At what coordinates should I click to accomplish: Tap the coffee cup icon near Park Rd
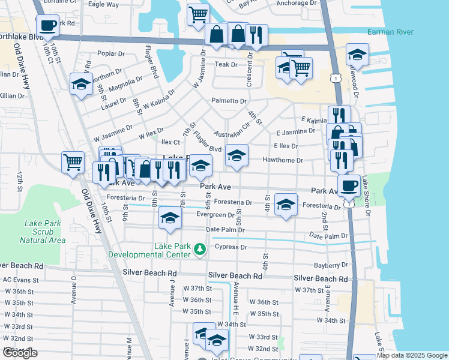coord(47,26)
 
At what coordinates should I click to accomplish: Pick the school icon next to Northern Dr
coord(80,84)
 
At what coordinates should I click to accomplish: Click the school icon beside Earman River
coord(357,55)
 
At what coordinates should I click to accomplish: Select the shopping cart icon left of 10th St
coord(73,161)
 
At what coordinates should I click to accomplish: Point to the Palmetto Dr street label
coord(228,101)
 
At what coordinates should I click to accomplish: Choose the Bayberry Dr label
coord(331,265)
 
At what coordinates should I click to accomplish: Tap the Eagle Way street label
coord(103,4)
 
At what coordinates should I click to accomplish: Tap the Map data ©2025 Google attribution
coord(411,355)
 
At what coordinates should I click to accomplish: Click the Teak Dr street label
coord(227,64)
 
